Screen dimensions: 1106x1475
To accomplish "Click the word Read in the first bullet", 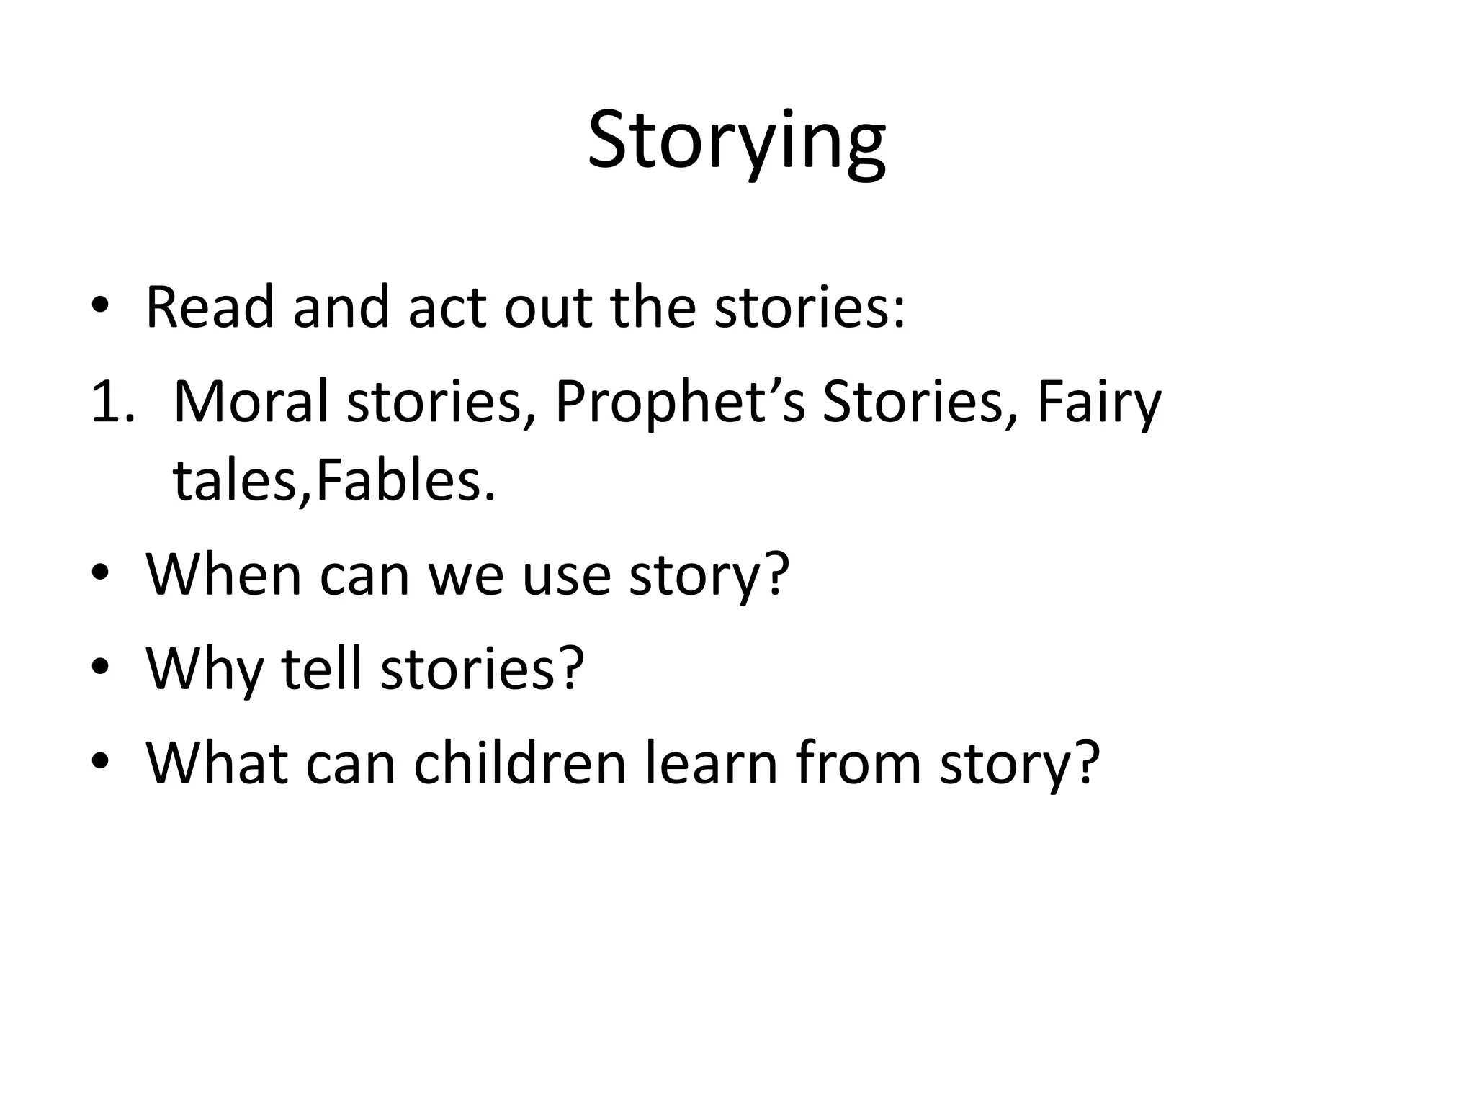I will pos(210,307).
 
